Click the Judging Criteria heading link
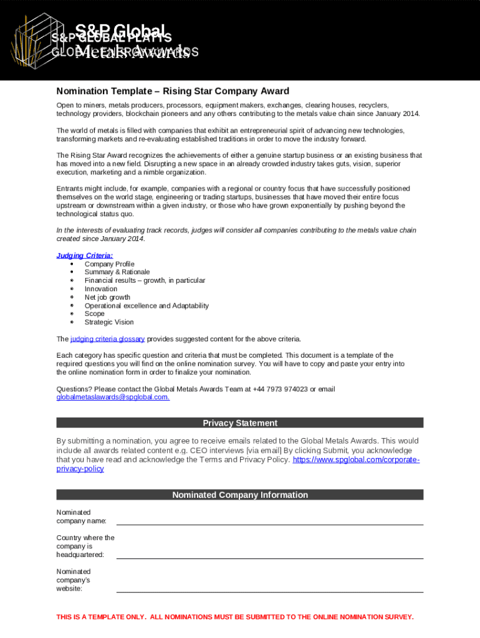tap(85, 255)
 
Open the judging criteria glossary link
tap(107, 339)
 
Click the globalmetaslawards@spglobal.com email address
tap(113, 398)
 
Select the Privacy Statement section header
tap(240, 423)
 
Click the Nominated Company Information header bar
tap(240, 495)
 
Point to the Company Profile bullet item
tap(109, 264)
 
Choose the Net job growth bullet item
tap(107, 297)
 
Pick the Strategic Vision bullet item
tap(109, 322)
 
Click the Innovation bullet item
tap(101, 289)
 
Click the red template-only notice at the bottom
tap(235, 617)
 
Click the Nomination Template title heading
tap(173, 91)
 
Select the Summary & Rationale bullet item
tap(117, 272)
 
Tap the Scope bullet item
tap(95, 314)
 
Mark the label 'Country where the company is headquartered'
tap(85, 546)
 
